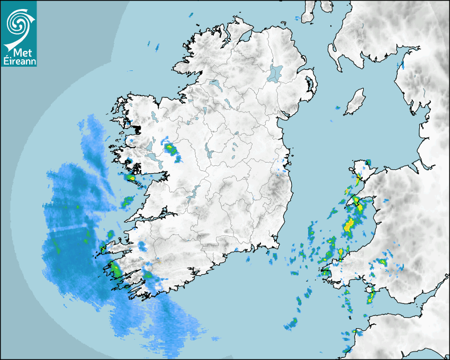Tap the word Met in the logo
[x=21, y=53]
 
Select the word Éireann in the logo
[x=19, y=61]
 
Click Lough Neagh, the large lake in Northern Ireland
[x=275, y=73]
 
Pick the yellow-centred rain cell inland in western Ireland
[x=170, y=150]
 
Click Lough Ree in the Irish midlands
[x=209, y=154]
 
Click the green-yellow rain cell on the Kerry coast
[x=115, y=269]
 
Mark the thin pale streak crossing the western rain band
[x=69, y=229]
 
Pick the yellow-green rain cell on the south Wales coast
[x=370, y=297]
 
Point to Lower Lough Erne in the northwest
[x=214, y=83]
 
